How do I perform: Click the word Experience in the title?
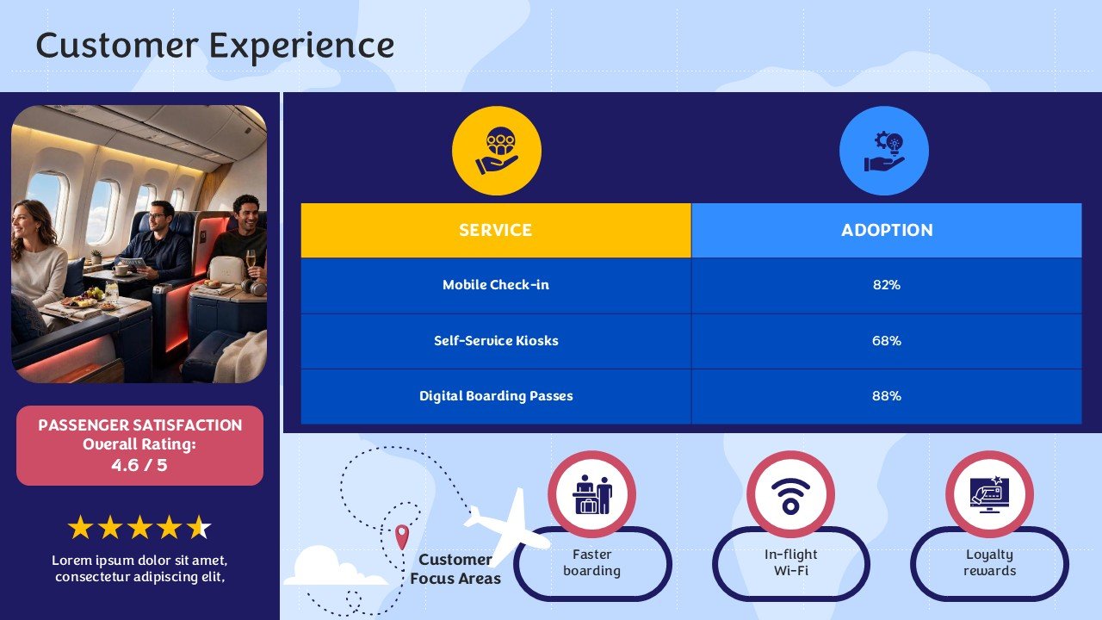click(x=301, y=46)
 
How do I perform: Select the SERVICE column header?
click(x=496, y=230)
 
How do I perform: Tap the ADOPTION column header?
click(x=887, y=230)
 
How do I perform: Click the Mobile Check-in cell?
click(x=496, y=285)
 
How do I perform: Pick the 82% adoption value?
click(x=887, y=285)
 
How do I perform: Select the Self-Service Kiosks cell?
click(x=496, y=340)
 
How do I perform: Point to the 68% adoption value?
click(x=887, y=340)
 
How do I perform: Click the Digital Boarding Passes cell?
click(x=496, y=396)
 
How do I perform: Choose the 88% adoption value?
click(x=887, y=396)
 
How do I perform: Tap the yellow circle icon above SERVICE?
click(x=497, y=151)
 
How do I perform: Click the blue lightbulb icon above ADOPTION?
click(x=884, y=151)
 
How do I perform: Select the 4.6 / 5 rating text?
click(x=139, y=465)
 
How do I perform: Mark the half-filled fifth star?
click(x=199, y=527)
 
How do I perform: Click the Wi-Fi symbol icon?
click(x=790, y=495)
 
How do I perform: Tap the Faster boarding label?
click(x=591, y=562)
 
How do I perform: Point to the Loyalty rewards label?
click(x=989, y=562)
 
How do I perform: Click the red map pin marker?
click(x=402, y=536)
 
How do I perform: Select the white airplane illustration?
click(x=508, y=526)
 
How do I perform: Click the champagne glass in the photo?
click(x=251, y=262)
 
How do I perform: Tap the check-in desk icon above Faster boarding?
click(x=591, y=494)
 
